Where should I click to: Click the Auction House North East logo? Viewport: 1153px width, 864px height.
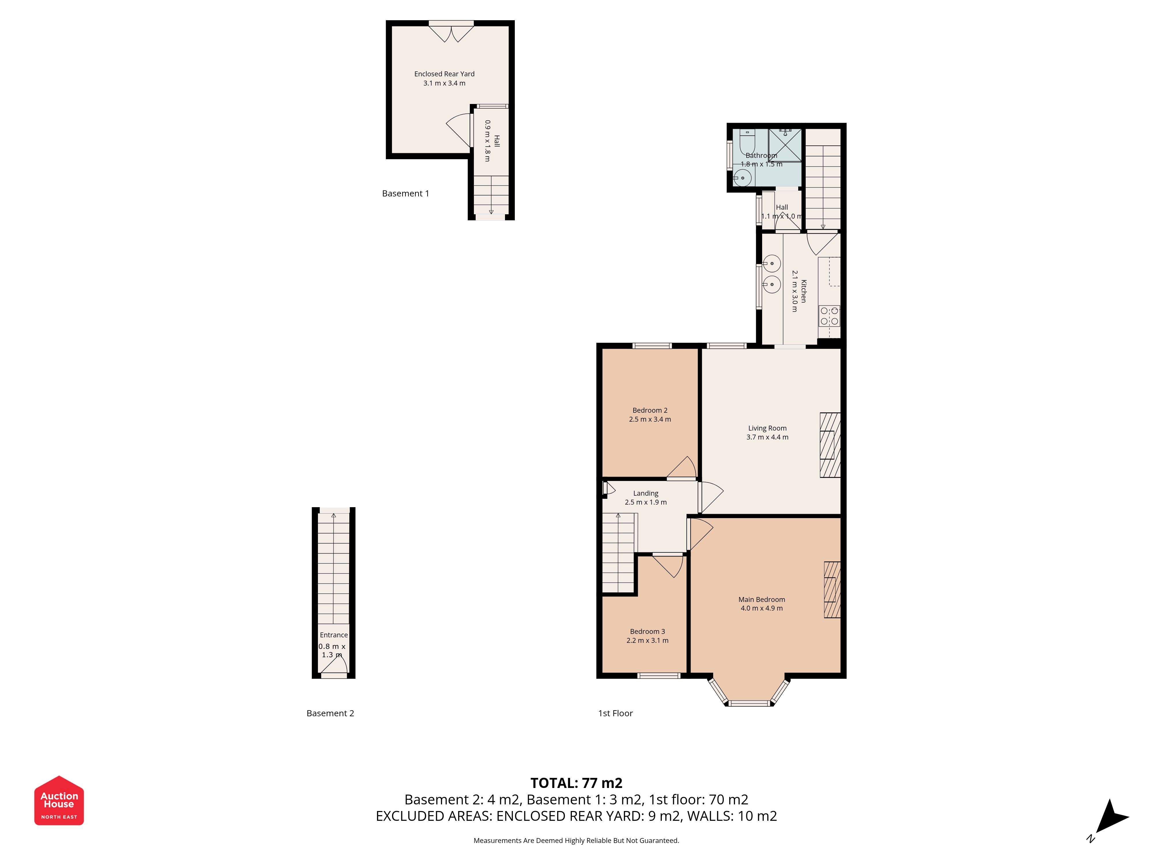[x=59, y=800]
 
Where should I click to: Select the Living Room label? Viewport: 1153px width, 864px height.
[x=767, y=428]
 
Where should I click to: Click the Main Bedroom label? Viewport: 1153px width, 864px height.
[x=762, y=599]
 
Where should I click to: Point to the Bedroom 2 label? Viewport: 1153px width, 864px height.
[x=650, y=410]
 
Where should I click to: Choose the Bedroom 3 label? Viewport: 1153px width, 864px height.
[x=647, y=632]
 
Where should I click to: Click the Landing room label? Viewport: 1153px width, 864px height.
[x=646, y=493]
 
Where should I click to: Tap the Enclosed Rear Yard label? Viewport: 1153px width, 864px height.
[x=444, y=74]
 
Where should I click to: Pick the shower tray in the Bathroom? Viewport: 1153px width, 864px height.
[x=785, y=145]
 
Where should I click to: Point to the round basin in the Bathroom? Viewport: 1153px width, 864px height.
[x=742, y=178]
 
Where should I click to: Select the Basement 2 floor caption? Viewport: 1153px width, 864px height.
[x=330, y=713]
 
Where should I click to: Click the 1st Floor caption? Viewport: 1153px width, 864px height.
[x=616, y=713]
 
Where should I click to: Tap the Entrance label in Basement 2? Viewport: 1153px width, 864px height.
[x=334, y=635]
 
